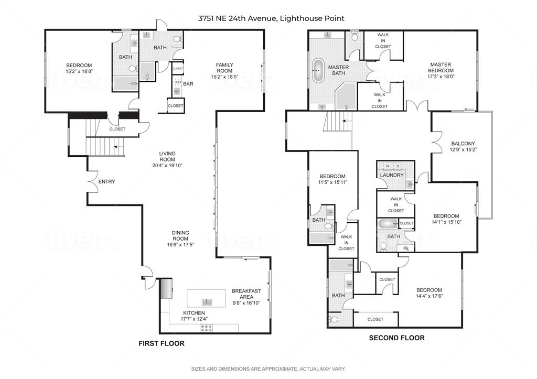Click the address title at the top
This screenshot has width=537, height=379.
(271, 18)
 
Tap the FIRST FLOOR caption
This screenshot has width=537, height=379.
(161, 344)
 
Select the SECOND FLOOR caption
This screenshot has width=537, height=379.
(396, 338)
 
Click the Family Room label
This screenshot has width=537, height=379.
(224, 68)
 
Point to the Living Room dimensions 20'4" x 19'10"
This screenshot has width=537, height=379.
(168, 165)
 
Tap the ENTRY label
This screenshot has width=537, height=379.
(106, 182)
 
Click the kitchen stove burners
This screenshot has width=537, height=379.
(206, 328)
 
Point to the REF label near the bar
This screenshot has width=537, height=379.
(178, 83)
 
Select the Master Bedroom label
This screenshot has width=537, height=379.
(440, 68)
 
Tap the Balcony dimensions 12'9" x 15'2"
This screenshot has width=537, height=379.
(463, 149)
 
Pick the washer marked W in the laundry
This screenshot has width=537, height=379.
(388, 166)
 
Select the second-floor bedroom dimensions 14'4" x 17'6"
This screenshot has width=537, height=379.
(429, 296)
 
